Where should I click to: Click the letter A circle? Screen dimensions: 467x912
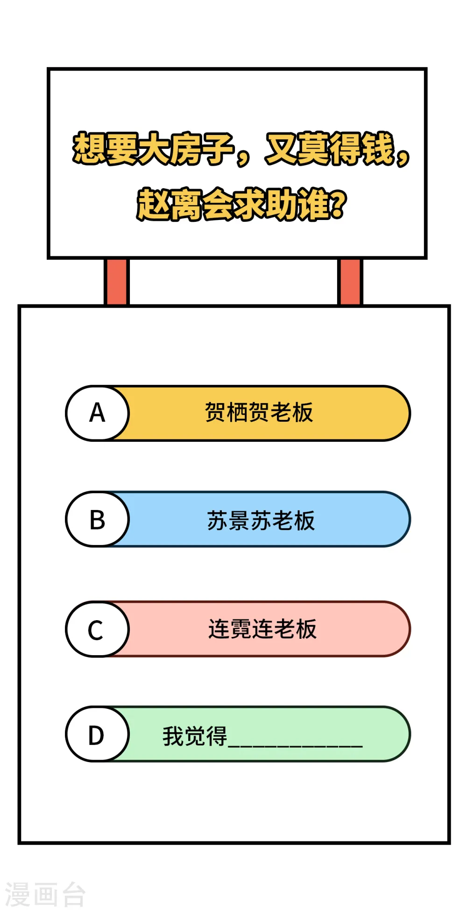point(97,413)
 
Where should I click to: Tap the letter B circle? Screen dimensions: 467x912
point(97,519)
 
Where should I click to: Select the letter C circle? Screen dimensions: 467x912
point(97,629)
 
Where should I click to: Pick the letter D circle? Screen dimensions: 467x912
point(97,734)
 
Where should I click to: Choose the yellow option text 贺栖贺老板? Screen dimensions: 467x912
point(259,412)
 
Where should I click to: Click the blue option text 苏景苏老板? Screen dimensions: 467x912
point(261,520)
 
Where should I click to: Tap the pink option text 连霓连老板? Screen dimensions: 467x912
point(262,629)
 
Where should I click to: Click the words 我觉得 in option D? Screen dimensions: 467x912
point(195,736)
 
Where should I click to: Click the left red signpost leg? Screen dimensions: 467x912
point(116,282)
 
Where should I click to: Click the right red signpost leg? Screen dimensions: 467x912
point(350,282)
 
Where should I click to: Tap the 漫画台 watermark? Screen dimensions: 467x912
point(45,894)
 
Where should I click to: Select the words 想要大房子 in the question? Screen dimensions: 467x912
point(153,148)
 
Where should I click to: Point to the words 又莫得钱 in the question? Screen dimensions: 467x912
point(330,148)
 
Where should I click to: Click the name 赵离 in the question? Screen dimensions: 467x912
point(170,204)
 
